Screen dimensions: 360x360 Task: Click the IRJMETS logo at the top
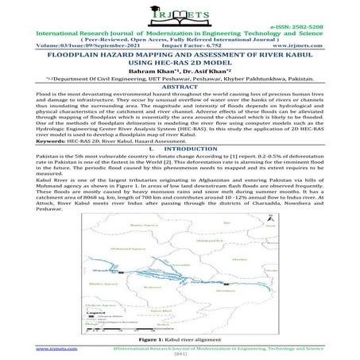[180, 14]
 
